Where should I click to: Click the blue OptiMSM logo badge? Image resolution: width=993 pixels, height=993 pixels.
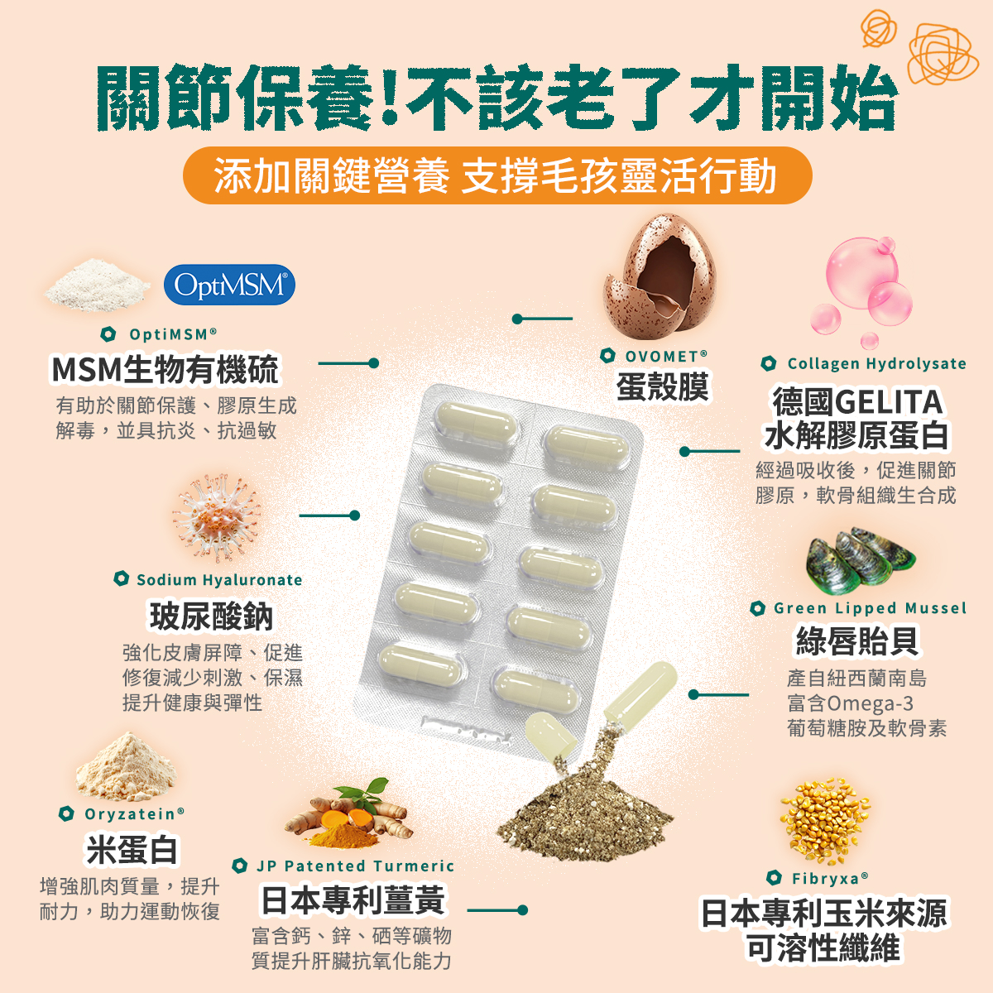(x=229, y=285)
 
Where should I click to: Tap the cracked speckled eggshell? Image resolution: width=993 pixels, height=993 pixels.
(x=660, y=276)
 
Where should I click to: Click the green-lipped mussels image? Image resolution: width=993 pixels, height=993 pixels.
(x=860, y=561)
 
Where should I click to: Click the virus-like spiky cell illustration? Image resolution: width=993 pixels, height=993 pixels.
(x=218, y=517)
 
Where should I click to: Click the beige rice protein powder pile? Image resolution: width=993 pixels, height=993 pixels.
(x=126, y=767)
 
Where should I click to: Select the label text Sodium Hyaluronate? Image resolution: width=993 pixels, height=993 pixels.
(x=219, y=580)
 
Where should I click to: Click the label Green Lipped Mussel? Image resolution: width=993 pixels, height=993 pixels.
(x=870, y=608)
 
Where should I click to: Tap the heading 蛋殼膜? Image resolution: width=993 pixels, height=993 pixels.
(x=662, y=386)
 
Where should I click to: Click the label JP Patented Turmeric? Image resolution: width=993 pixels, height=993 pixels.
(x=356, y=866)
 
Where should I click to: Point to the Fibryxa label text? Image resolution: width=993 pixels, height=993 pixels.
(x=830, y=878)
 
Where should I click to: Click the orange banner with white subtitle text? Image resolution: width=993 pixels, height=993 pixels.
(x=497, y=175)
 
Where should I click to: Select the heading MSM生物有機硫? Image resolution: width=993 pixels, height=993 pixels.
(x=165, y=369)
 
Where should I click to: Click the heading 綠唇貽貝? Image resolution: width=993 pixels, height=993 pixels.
(x=857, y=641)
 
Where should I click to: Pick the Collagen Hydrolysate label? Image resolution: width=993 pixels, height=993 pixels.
(x=876, y=363)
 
